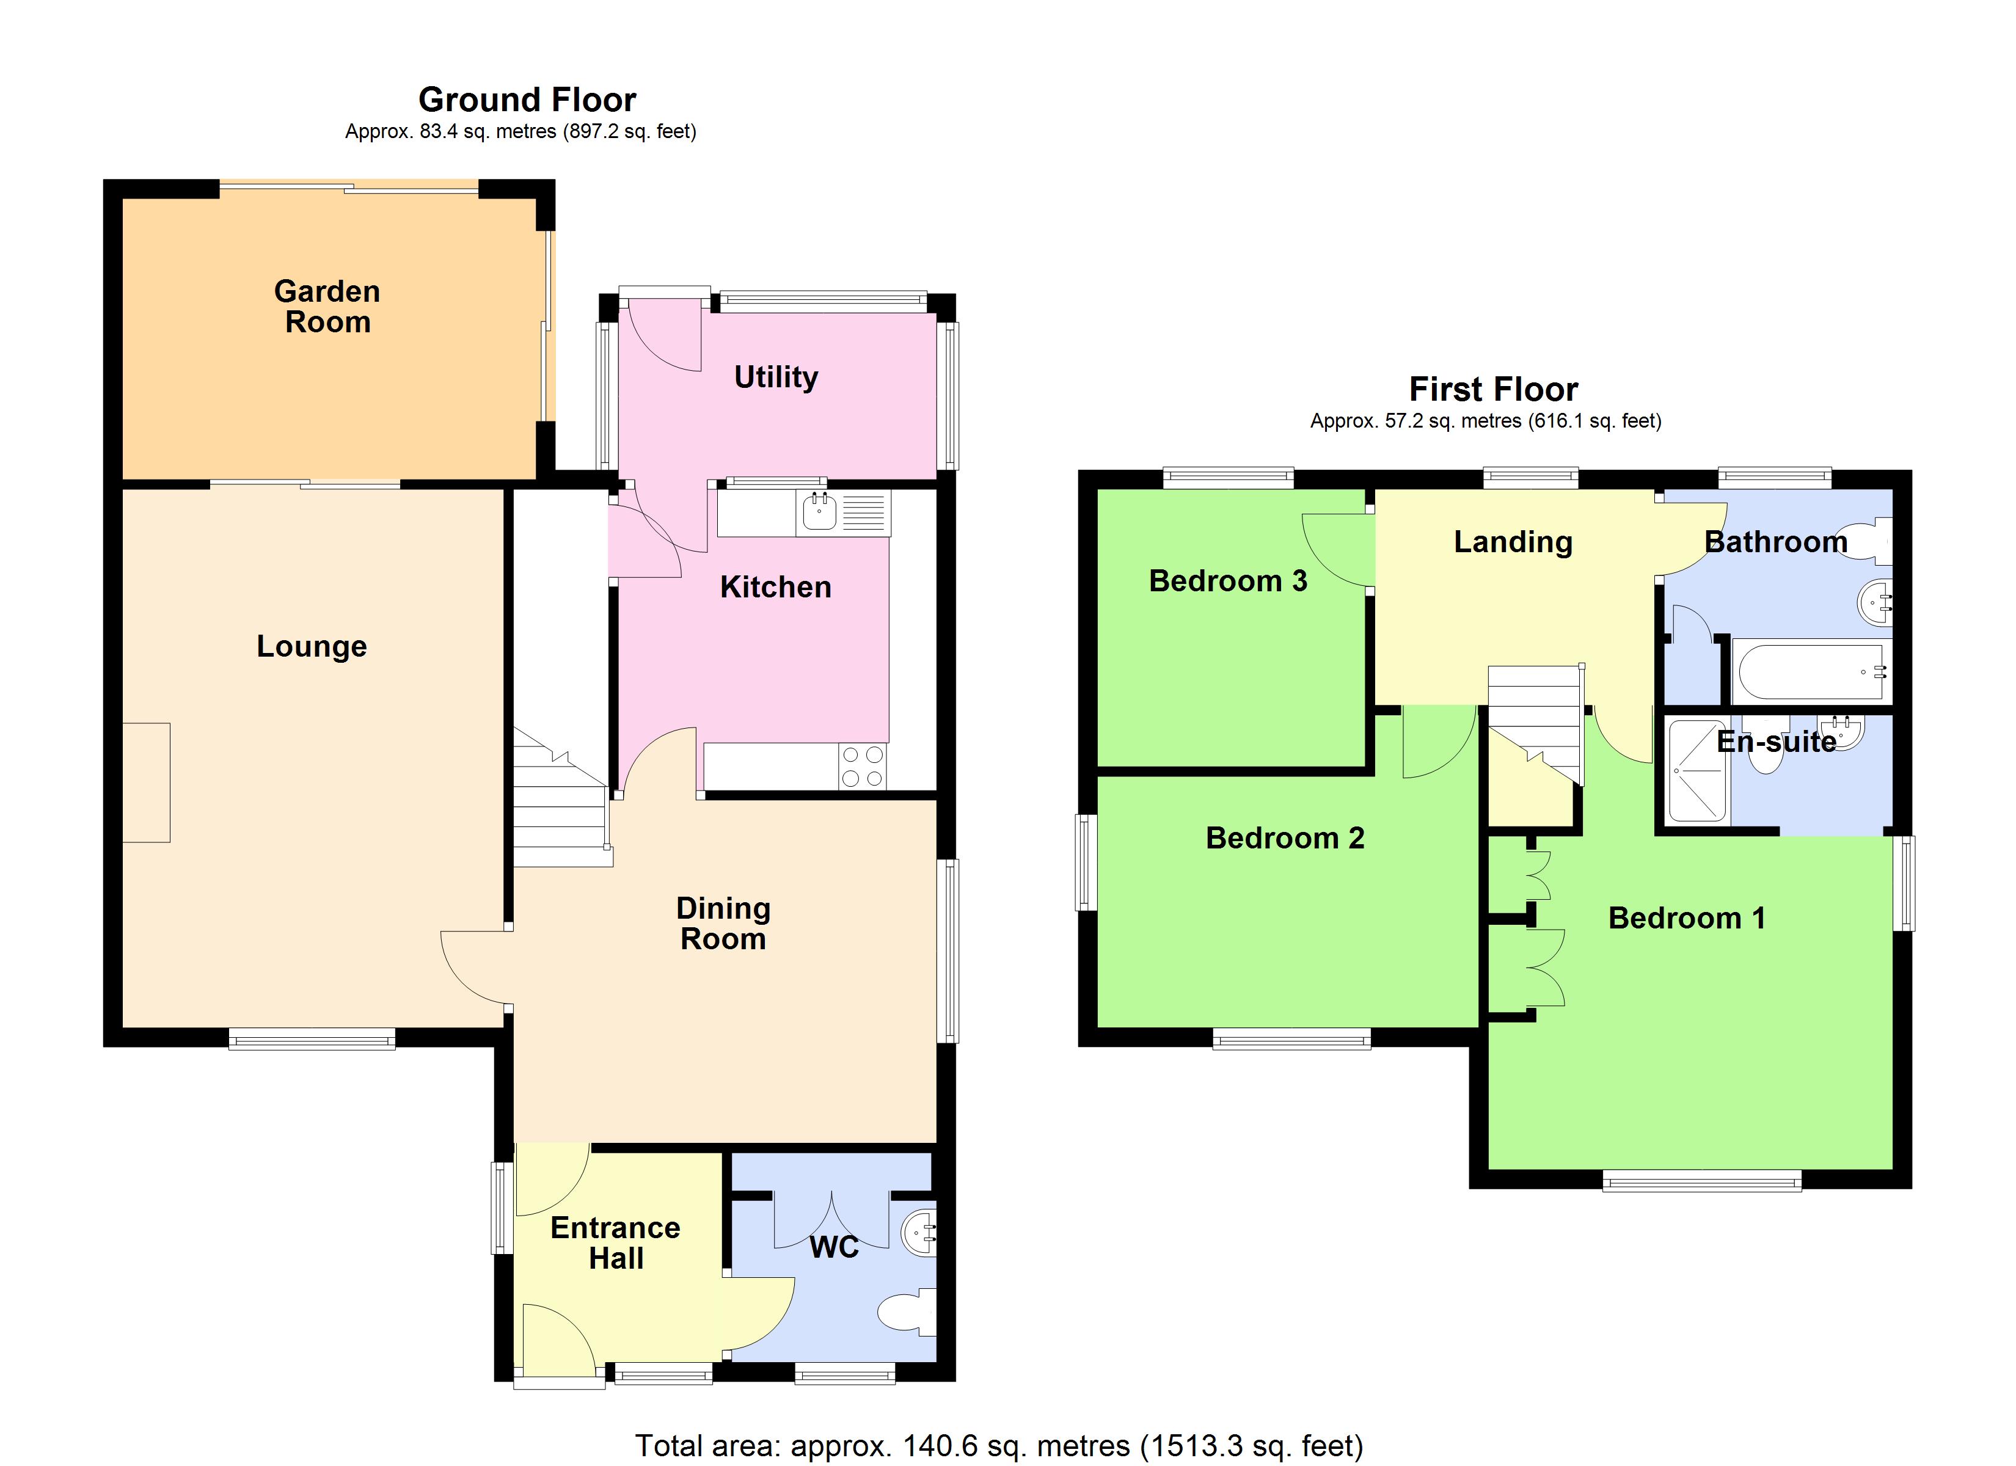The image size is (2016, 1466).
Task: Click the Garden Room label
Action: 327,306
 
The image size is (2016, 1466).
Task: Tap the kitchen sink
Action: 819,512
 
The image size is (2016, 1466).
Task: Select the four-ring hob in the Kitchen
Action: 862,767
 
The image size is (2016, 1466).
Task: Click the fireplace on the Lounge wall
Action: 146,782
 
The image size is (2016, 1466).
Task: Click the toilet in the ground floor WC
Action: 905,1312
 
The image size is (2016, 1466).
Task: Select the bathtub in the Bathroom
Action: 1810,672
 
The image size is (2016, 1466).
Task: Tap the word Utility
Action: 775,377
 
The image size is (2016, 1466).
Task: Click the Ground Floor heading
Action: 527,100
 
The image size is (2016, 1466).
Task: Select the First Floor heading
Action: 1493,389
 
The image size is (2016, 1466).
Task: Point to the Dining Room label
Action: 723,924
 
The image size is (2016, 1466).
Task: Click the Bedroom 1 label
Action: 1686,917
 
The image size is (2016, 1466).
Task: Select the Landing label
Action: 1513,541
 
